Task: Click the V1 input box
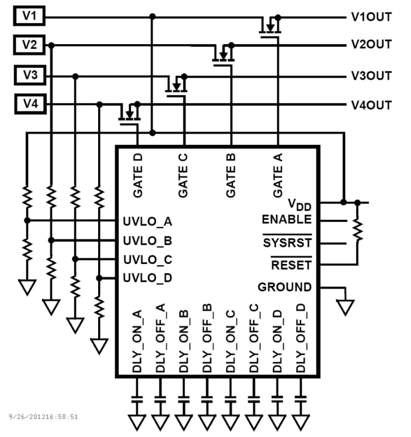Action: pos(29,16)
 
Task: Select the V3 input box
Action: pos(30,75)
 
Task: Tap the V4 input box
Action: pos(30,104)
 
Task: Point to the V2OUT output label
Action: pos(371,44)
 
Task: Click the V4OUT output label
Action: pos(371,105)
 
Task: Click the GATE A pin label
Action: pos(277,176)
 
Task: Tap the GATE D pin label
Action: pos(138,176)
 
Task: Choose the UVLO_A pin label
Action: pos(147,221)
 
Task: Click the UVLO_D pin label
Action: pos(147,278)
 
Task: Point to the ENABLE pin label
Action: pos(287,219)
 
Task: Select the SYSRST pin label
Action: pos(287,243)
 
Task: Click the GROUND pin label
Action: pos(284,287)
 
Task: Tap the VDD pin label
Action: pos(299,205)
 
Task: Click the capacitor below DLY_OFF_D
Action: pos(300,399)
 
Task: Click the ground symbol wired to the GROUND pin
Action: pos(345,307)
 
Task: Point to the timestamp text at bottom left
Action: pos(43,417)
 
